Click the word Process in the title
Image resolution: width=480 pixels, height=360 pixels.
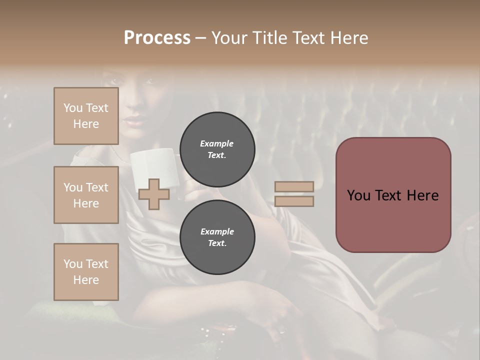[157, 38]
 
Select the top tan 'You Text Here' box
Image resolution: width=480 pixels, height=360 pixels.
[86, 116]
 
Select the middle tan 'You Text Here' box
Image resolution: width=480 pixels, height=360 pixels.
[86, 195]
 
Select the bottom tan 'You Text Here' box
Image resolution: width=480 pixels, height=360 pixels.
[86, 272]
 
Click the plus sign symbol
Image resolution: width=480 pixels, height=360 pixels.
[153, 194]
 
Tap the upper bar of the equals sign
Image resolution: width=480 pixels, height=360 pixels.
[294, 186]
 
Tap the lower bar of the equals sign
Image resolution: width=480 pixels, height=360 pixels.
[294, 201]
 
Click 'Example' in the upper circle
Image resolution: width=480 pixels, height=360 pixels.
[217, 143]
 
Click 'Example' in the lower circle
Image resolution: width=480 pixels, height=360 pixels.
[217, 231]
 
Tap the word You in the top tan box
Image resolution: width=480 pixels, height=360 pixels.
[72, 108]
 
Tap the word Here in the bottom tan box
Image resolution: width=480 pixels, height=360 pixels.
[86, 280]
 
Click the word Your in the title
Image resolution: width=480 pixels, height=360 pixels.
[231, 38]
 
